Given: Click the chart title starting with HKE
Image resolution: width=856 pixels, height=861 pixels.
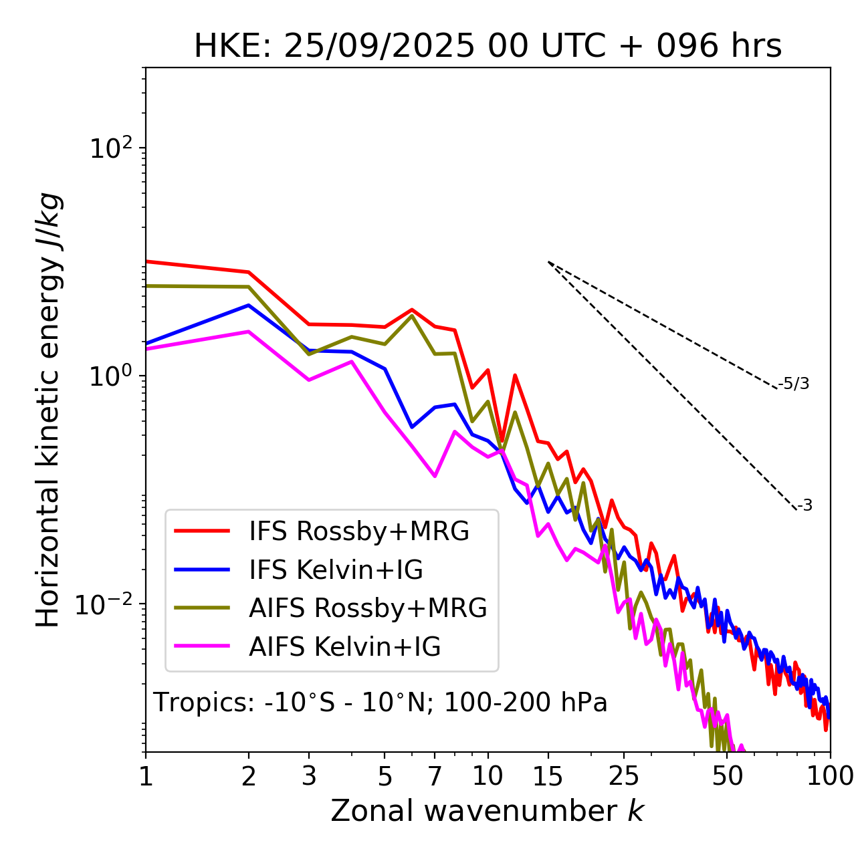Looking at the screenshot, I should [488, 46].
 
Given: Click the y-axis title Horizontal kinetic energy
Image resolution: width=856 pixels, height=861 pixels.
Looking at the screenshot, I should [48, 410].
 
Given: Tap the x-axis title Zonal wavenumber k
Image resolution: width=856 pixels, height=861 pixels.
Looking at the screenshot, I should [487, 810].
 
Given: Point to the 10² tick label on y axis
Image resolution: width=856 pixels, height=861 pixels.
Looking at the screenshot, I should [110, 148].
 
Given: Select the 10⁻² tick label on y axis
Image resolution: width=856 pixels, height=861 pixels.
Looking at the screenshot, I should [107, 604].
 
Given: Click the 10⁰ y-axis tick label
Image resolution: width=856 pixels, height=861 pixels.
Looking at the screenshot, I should [110, 376].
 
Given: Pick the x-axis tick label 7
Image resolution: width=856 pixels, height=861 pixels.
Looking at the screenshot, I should [435, 775].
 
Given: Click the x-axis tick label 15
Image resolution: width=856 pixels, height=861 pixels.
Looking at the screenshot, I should [548, 775].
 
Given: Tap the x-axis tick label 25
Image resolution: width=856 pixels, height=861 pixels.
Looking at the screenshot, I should [624, 775].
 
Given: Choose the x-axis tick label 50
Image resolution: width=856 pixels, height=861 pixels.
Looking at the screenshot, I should [728, 775].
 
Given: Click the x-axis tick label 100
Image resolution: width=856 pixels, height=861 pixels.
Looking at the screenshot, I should [830, 775].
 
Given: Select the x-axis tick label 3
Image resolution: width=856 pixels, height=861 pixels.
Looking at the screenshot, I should [308, 775].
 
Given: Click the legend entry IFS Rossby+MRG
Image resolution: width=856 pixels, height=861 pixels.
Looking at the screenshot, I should [358, 531].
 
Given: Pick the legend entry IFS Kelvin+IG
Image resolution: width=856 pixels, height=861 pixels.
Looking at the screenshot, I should [336, 570].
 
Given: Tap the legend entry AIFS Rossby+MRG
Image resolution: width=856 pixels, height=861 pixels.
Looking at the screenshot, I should [368, 608].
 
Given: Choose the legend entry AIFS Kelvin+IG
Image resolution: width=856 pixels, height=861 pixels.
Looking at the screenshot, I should [344, 646].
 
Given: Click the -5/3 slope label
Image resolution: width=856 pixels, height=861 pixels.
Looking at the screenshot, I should [794, 384].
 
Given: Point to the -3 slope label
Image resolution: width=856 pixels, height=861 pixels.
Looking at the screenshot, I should [805, 505].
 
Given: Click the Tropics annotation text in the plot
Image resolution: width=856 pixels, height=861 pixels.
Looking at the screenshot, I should [380, 703].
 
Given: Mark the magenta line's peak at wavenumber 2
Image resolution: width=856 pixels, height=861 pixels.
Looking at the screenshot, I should [249, 332].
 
